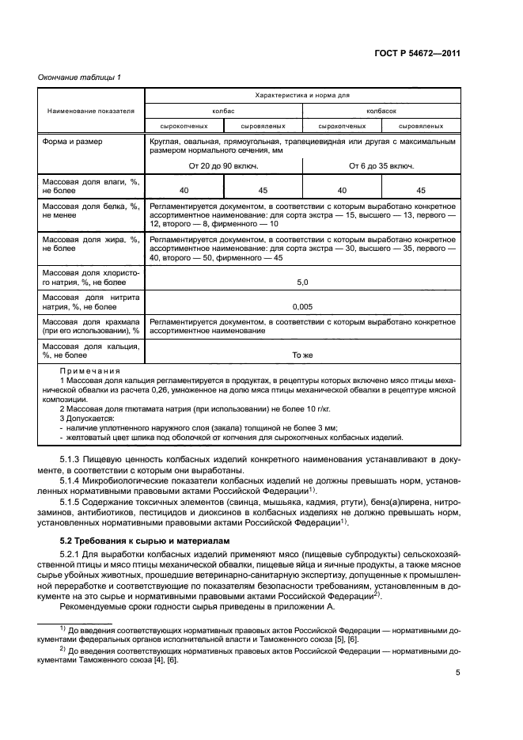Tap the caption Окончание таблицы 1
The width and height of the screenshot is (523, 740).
coord(80,76)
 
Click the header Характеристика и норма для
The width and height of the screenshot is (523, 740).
coord(301,95)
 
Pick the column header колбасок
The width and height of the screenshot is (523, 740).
coord(381,112)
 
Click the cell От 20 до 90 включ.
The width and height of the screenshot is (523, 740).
coord(224,166)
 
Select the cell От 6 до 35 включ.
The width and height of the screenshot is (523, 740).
coord(381,166)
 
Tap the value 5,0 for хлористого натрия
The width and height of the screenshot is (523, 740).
coord(301,281)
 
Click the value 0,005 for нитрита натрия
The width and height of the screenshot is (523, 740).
coord(301,306)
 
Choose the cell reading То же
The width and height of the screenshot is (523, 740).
coord(301,355)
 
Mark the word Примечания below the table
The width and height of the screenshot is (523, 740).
coord(90,370)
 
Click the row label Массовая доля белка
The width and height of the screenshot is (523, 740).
coord(90,211)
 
